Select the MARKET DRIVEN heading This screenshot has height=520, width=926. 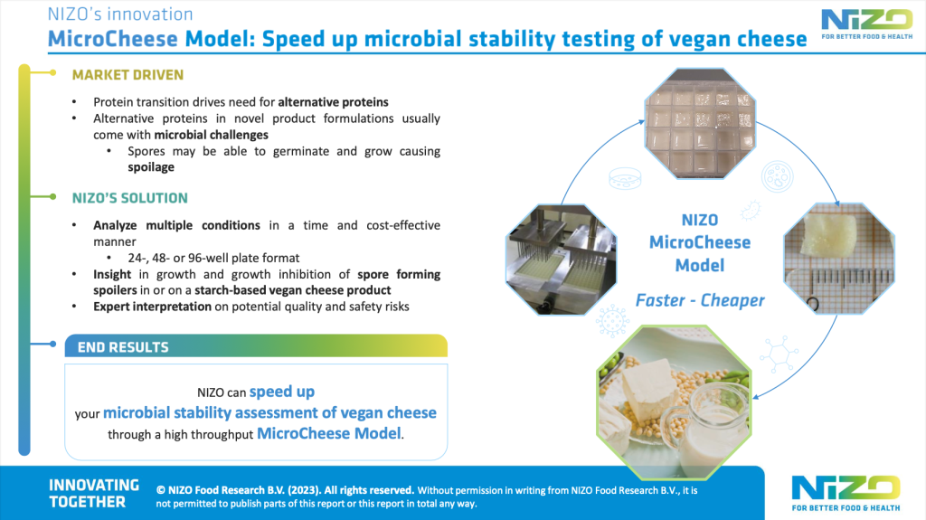(x=128, y=74)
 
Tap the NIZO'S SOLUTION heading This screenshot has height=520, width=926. (x=130, y=197)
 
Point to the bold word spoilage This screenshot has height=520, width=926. (x=151, y=167)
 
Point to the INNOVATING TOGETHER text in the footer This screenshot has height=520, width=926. (x=94, y=493)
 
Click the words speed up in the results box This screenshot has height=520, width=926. (x=281, y=392)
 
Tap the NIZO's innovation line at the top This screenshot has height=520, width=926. (x=120, y=14)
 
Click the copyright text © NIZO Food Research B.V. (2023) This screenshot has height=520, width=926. (x=286, y=486)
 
